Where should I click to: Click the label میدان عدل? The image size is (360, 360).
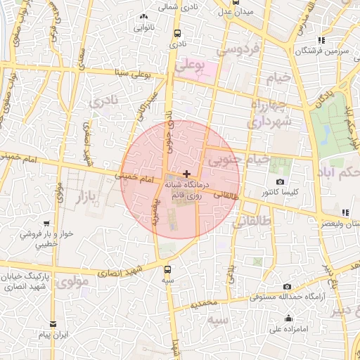coord(235,11)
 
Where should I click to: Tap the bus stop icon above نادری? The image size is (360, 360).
coord(176,32)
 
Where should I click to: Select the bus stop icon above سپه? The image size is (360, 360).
coord(167,269)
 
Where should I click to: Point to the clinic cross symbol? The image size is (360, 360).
coord(186,173)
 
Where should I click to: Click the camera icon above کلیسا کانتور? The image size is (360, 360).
coord(279,181)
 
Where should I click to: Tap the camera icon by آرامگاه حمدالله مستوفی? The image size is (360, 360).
coord(287,287)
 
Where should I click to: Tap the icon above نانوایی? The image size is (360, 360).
coord(144,15)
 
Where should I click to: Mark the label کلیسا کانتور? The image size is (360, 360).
coord(279,191)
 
